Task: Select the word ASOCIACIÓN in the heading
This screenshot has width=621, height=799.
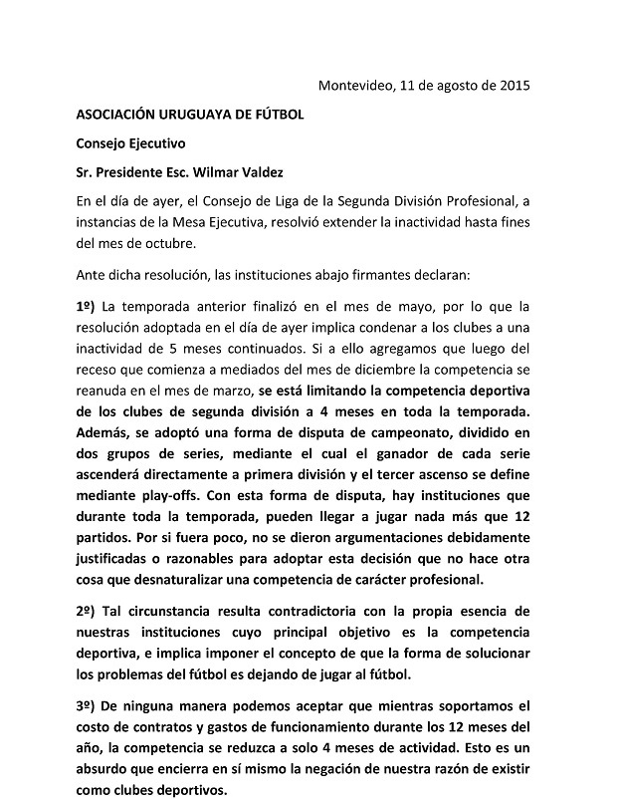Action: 123,115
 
